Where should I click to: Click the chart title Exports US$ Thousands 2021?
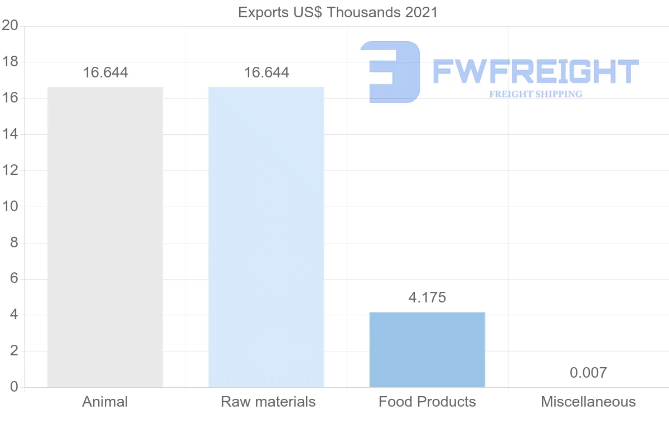(338, 12)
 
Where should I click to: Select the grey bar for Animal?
(105, 237)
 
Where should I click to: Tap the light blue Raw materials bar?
(266, 237)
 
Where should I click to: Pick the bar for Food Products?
(427, 349)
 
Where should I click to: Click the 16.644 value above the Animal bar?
(105, 73)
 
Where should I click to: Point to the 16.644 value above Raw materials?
(266, 73)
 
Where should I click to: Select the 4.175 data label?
(427, 297)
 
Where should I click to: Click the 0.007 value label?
(588, 373)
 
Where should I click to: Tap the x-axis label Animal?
(105, 402)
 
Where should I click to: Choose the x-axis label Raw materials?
(268, 402)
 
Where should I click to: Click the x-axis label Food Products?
(427, 402)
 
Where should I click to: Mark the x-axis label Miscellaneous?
(588, 402)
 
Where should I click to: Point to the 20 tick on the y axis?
(10, 26)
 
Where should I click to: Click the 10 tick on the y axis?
(10, 207)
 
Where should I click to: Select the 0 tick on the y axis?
(14, 387)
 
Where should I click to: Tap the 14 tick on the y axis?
(10, 134)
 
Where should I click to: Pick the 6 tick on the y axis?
(14, 279)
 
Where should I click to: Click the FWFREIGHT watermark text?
(535, 71)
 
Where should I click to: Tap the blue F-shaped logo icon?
(390, 72)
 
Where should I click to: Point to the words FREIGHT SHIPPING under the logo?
(536, 94)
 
